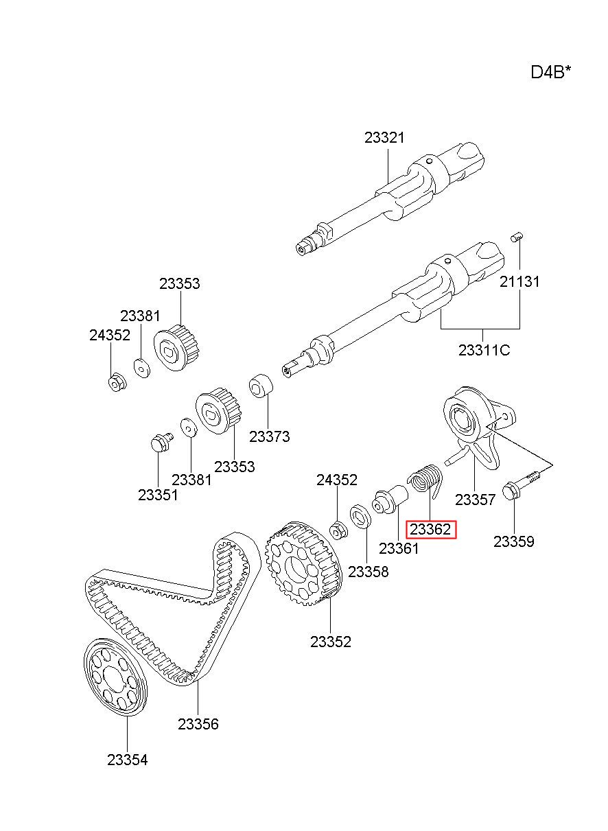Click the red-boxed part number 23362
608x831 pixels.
(x=430, y=530)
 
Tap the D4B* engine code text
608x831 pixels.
(x=550, y=72)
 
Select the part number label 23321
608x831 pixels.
(x=384, y=137)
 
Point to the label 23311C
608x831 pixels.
(x=484, y=350)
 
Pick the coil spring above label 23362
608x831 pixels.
(x=426, y=479)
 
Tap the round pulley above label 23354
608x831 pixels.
(x=115, y=677)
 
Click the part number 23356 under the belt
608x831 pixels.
(x=198, y=724)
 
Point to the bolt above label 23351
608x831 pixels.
(x=160, y=442)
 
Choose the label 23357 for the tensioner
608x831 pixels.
(x=475, y=500)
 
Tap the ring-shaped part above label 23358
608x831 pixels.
(x=360, y=517)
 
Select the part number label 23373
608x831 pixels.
(x=269, y=436)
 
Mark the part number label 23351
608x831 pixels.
(x=158, y=494)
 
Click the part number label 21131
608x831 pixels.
(x=519, y=281)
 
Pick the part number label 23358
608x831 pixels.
(x=368, y=572)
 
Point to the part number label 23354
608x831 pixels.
(x=127, y=760)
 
